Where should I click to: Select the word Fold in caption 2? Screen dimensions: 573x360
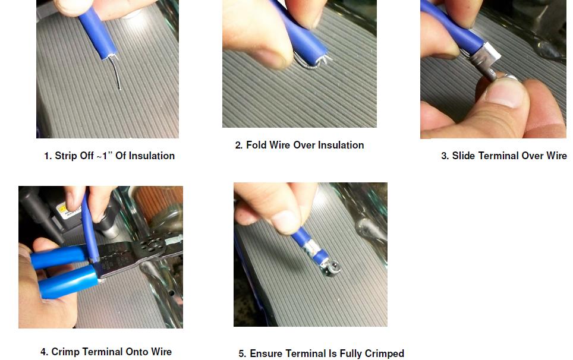[256, 145]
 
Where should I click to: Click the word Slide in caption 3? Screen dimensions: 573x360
[464, 156]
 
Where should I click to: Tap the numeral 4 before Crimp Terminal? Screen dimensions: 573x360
[43, 352]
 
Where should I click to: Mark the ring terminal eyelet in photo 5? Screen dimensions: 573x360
[332, 269]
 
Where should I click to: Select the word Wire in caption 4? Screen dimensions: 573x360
[161, 352]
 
